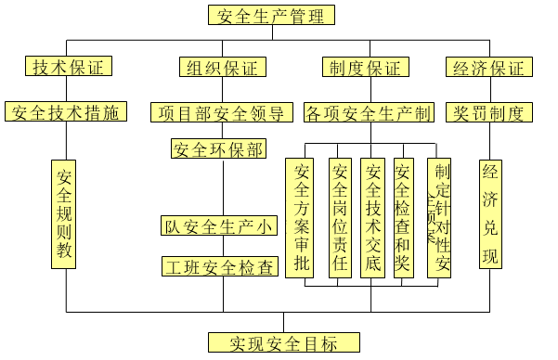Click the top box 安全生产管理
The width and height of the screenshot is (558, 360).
click(272, 15)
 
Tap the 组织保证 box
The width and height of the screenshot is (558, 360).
click(223, 67)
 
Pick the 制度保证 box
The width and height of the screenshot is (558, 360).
click(366, 67)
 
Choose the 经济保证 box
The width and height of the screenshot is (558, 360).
click(489, 67)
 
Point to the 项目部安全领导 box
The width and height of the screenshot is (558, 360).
click(224, 113)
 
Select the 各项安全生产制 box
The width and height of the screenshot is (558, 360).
click(369, 113)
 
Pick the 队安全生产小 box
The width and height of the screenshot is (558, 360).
click(219, 225)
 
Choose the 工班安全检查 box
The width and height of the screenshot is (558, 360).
click(219, 267)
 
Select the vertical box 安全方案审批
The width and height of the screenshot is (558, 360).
click(302, 217)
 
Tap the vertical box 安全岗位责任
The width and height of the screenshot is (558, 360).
click(341, 217)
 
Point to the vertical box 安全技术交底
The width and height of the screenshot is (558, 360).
click(373, 217)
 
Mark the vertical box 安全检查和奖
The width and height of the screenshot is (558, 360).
click(404, 217)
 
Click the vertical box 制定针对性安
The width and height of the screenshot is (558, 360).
click(439, 217)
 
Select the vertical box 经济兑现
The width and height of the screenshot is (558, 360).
click(490, 214)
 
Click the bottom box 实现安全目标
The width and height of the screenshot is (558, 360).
click(283, 342)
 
